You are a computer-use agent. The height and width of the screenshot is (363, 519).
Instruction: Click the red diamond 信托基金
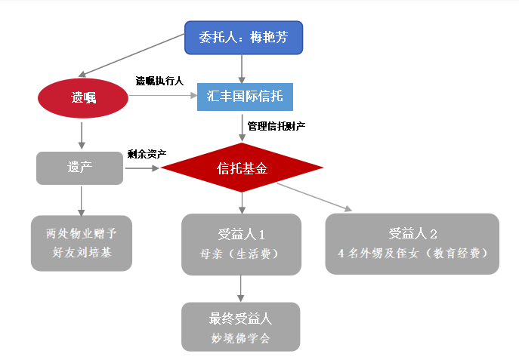click(x=242, y=168)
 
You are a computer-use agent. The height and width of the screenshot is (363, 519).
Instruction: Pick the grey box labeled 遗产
click(x=79, y=168)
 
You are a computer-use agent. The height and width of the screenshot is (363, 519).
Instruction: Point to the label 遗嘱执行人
click(x=159, y=81)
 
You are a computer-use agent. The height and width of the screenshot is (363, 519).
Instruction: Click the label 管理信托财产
click(x=276, y=126)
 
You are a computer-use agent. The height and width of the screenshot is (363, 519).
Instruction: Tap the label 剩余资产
click(x=147, y=154)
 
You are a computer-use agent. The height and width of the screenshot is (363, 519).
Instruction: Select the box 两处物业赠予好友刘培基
click(x=82, y=242)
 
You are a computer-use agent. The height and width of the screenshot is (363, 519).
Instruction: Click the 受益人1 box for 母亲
click(x=241, y=244)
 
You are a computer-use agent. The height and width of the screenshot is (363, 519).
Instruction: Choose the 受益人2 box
click(x=412, y=243)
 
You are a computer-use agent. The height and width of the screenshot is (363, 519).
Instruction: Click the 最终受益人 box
click(x=241, y=326)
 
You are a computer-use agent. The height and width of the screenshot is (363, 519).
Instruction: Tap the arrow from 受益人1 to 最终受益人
click(x=241, y=287)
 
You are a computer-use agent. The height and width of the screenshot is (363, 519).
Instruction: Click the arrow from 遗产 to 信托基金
click(x=143, y=168)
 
